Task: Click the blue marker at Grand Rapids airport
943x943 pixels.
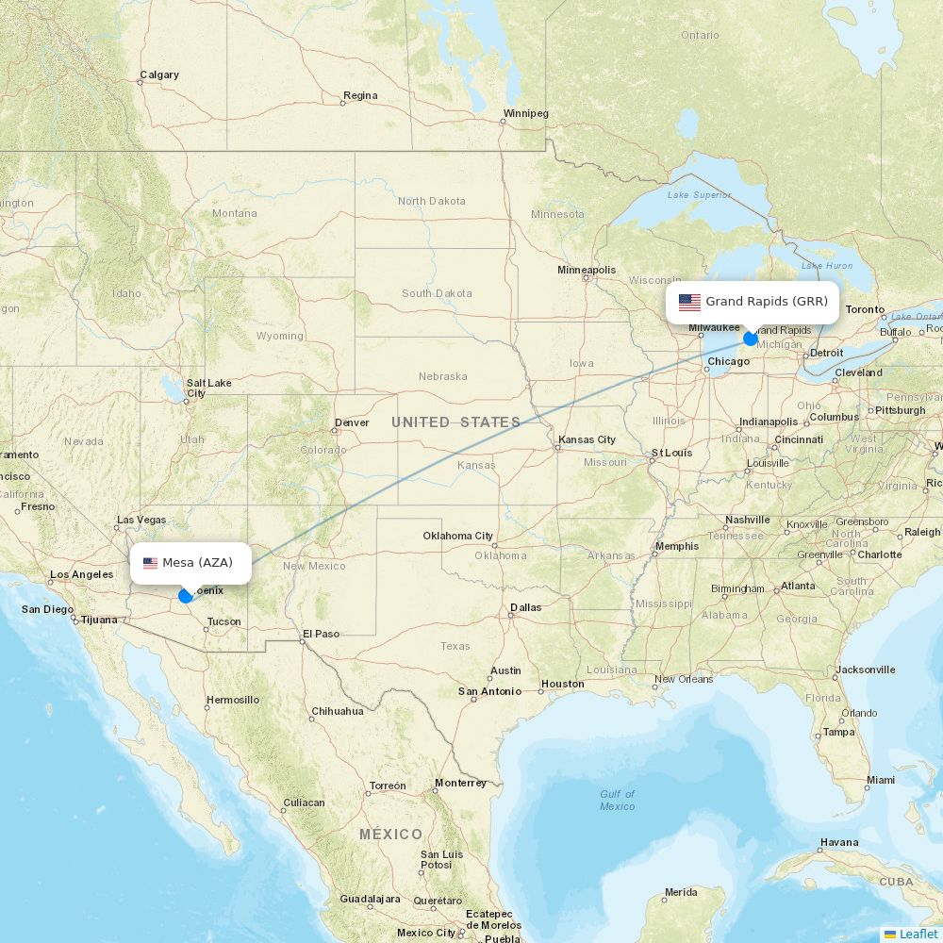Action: click(x=751, y=339)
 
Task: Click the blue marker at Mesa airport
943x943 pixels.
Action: click(x=186, y=596)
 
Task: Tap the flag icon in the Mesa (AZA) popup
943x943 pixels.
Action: click(x=150, y=563)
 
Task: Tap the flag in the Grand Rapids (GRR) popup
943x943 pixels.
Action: click(x=689, y=303)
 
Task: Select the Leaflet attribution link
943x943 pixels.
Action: click(x=918, y=934)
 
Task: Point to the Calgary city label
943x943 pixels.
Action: click(x=158, y=75)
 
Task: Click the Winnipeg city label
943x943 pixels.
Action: click(x=525, y=114)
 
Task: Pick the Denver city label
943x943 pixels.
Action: click(x=352, y=422)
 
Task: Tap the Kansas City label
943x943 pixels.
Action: click(x=587, y=439)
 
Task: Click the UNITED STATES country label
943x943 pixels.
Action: click(x=455, y=422)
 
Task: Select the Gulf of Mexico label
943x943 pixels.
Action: click(x=618, y=800)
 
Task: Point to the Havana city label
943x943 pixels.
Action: click(x=838, y=842)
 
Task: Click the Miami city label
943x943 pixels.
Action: click(x=881, y=780)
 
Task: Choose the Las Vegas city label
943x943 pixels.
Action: click(x=141, y=520)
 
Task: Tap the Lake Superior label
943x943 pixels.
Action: click(x=699, y=195)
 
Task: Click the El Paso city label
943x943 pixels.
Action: click(x=321, y=634)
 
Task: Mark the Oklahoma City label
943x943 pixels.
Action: click(x=457, y=536)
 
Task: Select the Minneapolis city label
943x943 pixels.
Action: click(x=586, y=270)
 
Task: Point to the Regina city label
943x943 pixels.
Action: click(x=360, y=95)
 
